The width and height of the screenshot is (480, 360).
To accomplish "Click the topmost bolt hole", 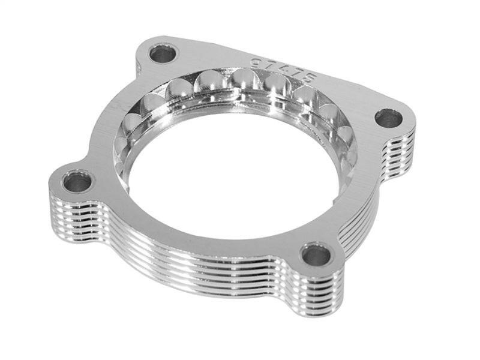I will [x=163, y=54].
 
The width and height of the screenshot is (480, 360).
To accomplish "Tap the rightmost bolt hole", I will [x=389, y=118].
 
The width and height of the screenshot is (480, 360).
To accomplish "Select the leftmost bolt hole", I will [x=77, y=181].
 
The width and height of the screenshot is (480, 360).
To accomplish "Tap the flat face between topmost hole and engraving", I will [x=210, y=57].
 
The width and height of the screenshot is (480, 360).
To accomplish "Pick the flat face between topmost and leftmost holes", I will [x=117, y=114].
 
